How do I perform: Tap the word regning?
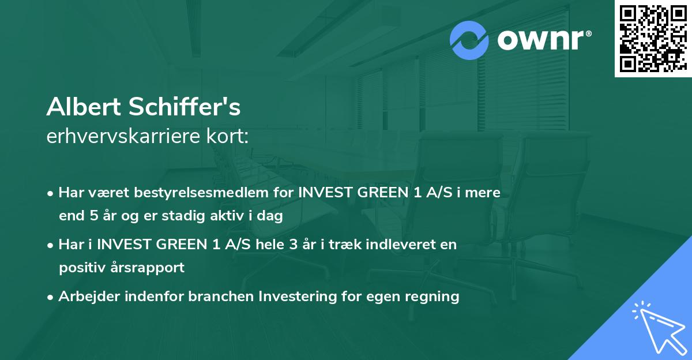click(x=433, y=297)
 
